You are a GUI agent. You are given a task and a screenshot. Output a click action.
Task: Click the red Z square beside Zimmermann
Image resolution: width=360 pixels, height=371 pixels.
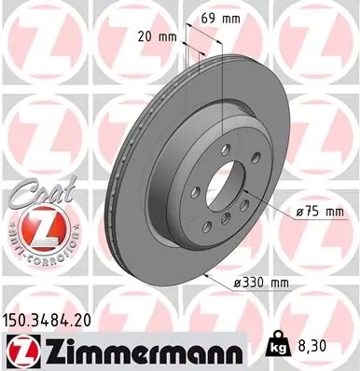coord(19,350)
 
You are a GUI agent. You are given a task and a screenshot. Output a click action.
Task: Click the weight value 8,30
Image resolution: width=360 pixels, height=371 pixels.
coord(323,348)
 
